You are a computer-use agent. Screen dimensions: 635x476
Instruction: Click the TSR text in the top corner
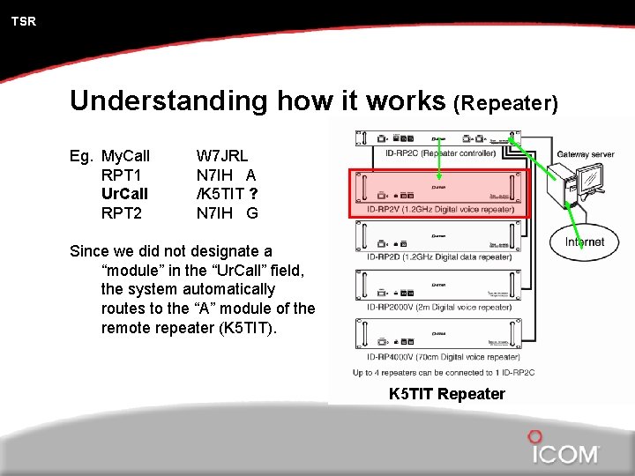point(24,21)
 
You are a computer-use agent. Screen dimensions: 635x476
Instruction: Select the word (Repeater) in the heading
point(504,104)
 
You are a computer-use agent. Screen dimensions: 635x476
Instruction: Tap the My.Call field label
point(126,156)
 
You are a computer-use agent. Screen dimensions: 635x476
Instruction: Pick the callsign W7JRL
point(222,156)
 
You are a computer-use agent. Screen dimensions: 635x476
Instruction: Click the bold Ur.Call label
point(125,193)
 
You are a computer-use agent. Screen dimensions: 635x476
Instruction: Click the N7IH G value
point(227,212)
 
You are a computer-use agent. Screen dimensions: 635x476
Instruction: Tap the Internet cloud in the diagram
point(585,242)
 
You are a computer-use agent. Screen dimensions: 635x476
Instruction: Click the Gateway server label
point(585,155)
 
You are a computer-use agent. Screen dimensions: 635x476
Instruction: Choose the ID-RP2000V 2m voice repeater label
point(437,307)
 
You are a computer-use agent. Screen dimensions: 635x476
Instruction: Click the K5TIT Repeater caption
point(447,394)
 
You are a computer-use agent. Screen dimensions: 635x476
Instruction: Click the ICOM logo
point(564,450)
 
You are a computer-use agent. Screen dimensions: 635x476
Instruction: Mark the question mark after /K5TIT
point(254,193)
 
